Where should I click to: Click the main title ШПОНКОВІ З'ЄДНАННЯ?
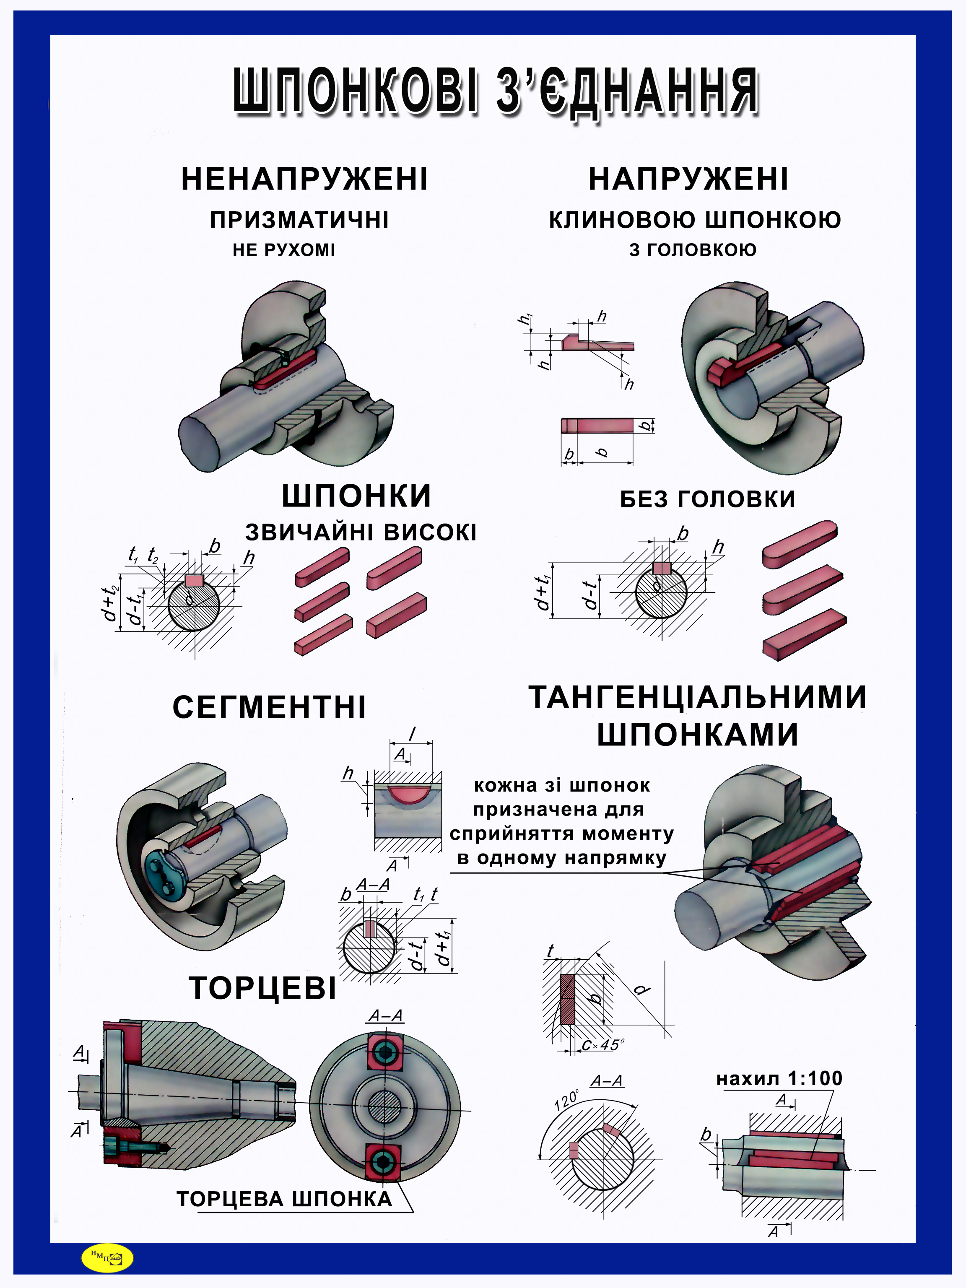tap(496, 92)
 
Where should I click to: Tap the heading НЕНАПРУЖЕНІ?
tap(304, 179)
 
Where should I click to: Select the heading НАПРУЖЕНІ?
tap(688, 179)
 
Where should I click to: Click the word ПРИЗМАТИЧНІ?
tap(299, 220)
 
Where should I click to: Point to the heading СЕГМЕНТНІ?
tap(269, 707)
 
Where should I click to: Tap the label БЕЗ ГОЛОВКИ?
tap(707, 499)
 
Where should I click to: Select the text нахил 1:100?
tap(779, 1078)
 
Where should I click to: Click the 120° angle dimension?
tap(566, 1099)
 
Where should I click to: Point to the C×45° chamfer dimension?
tap(602, 1044)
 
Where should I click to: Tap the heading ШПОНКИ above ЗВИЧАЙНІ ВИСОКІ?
tap(356, 496)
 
